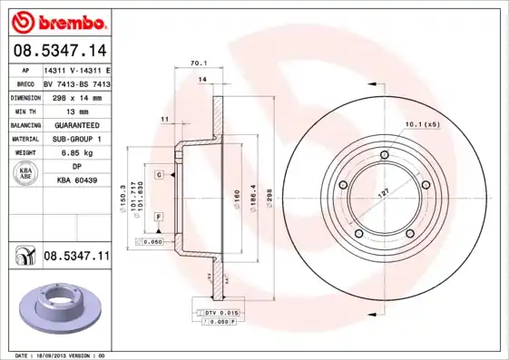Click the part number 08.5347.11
point(76,258)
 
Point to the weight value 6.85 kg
point(76,153)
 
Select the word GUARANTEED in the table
point(76,124)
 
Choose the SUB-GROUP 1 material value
point(76,139)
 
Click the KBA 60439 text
point(76,181)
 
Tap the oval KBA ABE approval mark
point(26,174)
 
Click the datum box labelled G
point(158,174)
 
